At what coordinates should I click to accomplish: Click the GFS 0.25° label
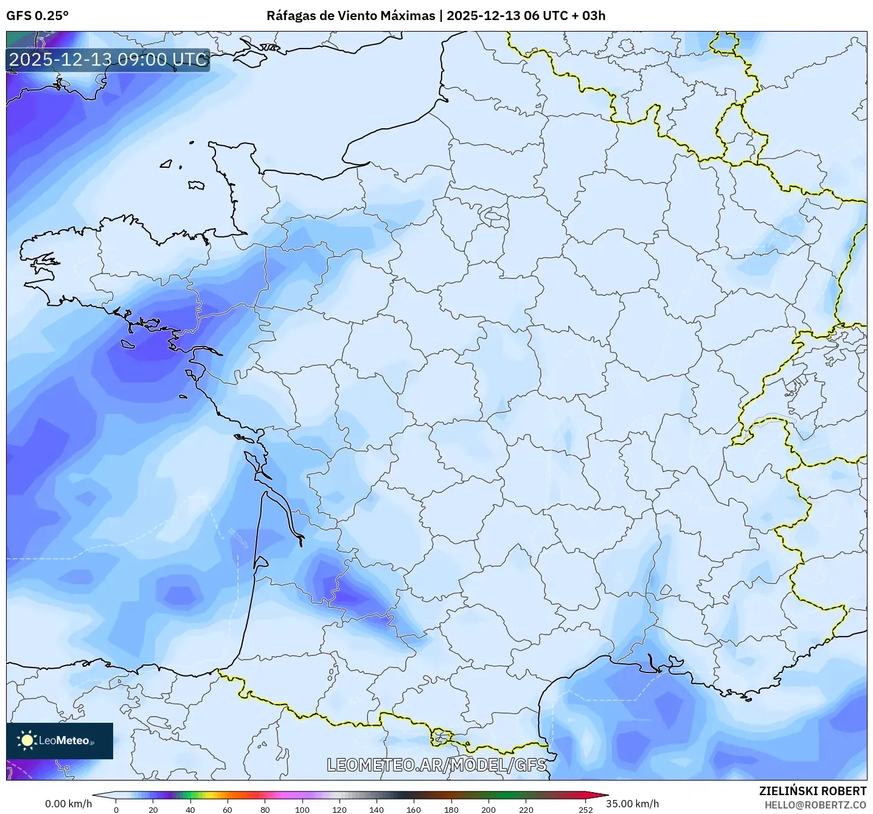click(37, 16)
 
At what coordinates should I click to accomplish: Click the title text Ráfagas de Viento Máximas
click(350, 16)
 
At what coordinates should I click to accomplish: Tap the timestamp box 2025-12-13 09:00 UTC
click(108, 60)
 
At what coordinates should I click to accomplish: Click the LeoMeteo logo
click(60, 740)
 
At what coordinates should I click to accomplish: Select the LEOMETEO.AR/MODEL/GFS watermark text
click(436, 765)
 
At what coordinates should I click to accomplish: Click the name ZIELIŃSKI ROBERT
click(812, 791)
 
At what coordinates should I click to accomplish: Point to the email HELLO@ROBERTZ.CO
click(815, 805)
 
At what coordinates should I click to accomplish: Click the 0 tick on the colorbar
click(116, 809)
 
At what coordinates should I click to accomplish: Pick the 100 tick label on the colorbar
click(302, 809)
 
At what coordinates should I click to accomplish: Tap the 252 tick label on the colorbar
click(585, 809)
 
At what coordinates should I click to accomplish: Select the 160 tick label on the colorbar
click(414, 809)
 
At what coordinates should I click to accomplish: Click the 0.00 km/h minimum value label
click(68, 804)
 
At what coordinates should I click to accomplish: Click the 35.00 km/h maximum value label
click(632, 804)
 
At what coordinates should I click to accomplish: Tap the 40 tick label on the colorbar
click(190, 809)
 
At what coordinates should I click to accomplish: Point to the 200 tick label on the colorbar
click(488, 809)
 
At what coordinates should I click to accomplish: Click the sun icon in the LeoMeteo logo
click(27, 740)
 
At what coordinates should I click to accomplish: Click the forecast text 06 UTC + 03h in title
click(565, 16)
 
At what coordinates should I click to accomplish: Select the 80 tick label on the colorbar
click(265, 809)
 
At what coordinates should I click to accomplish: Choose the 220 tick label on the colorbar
click(526, 809)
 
